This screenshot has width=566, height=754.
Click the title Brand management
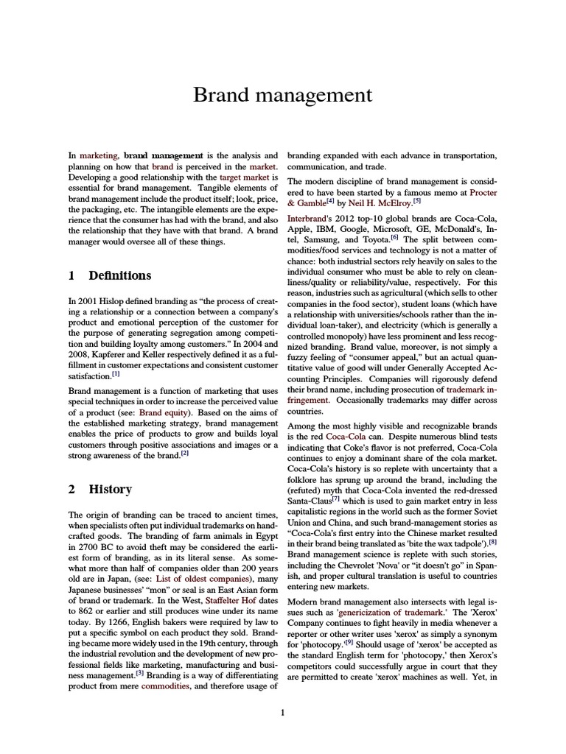pos(282,95)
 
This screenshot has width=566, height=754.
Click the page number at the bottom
pos(283,711)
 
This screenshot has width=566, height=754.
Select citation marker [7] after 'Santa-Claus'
pos(335,499)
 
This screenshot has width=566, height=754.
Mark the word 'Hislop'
pos(121,300)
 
